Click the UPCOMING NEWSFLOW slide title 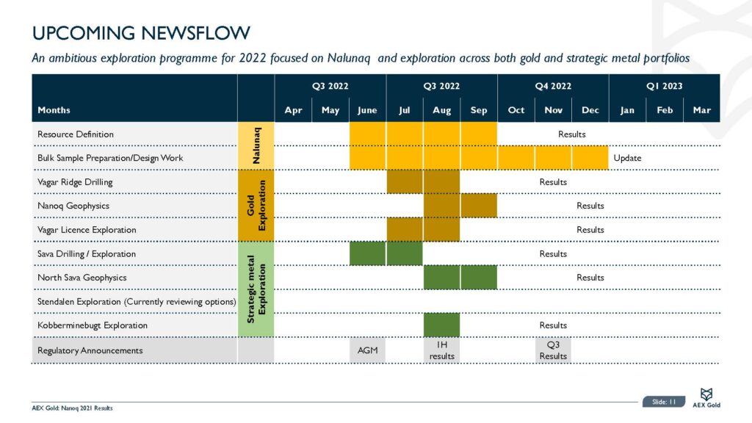[141, 33]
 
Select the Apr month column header [293, 110]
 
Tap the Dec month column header [590, 110]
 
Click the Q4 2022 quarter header [553, 86]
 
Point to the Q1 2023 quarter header [664, 86]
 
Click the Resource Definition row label [76, 134]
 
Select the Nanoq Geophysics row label [73, 206]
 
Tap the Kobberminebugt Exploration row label [93, 325]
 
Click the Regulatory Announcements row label [90, 350]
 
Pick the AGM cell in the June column [367, 350]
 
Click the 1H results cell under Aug [441, 350]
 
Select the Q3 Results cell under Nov [553, 350]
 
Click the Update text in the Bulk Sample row [627, 158]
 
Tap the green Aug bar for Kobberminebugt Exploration [441, 325]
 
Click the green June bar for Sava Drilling [367, 253]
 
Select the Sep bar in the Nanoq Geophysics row [478, 206]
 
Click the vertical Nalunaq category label [256, 146]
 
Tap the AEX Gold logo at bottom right [706, 398]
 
